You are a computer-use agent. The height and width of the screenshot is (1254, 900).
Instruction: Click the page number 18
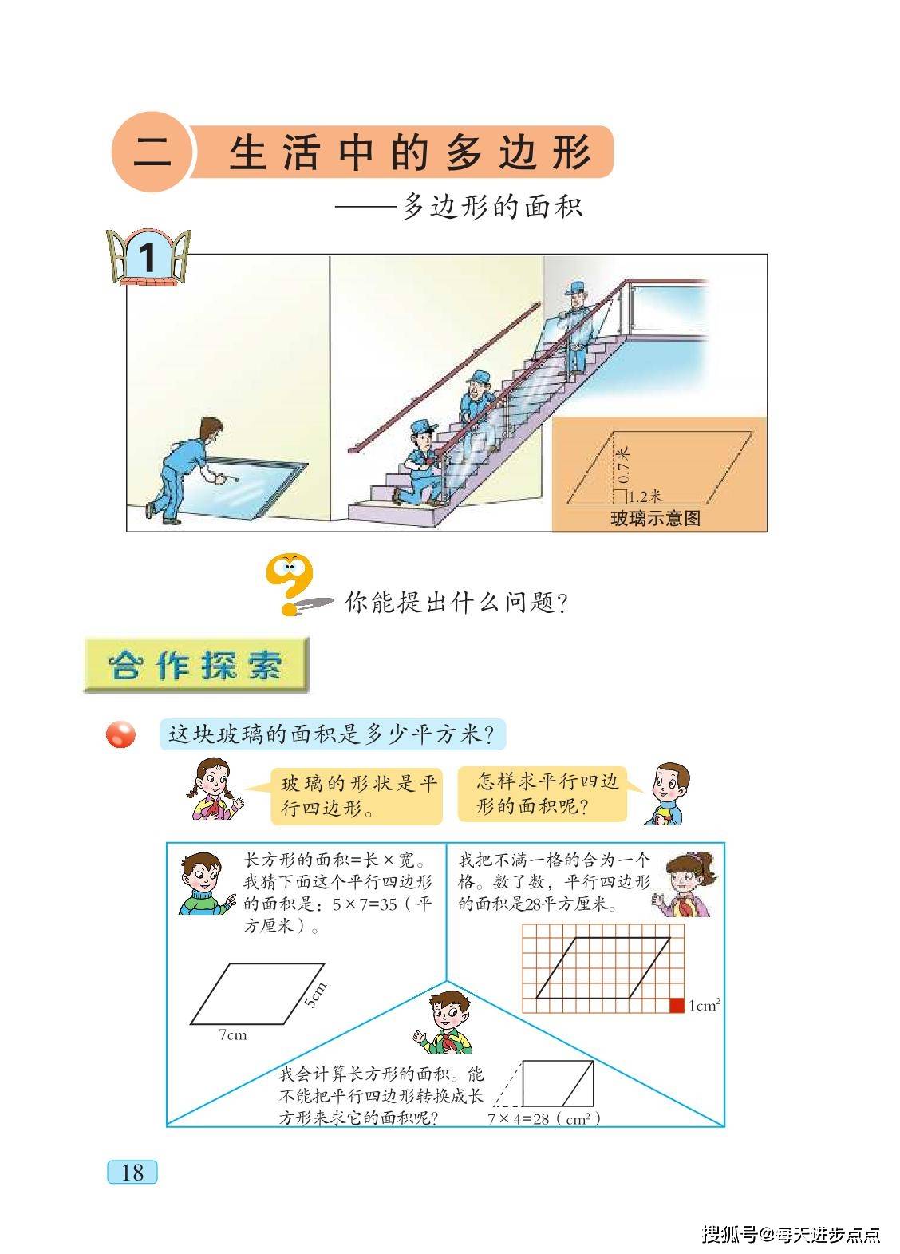pos(132,1172)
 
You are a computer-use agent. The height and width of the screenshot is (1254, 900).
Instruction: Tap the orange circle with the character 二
pos(152,152)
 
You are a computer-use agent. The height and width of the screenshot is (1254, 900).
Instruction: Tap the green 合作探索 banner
pos(196,665)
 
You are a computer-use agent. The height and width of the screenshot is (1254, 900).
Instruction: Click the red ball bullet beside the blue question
pos(121,734)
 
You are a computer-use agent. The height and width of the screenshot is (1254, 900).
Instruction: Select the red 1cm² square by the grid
pos(677,1005)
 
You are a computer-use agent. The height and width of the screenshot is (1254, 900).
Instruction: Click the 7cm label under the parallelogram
pos(233,1035)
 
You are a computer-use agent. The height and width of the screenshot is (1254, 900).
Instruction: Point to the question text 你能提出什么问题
pos(456,602)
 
